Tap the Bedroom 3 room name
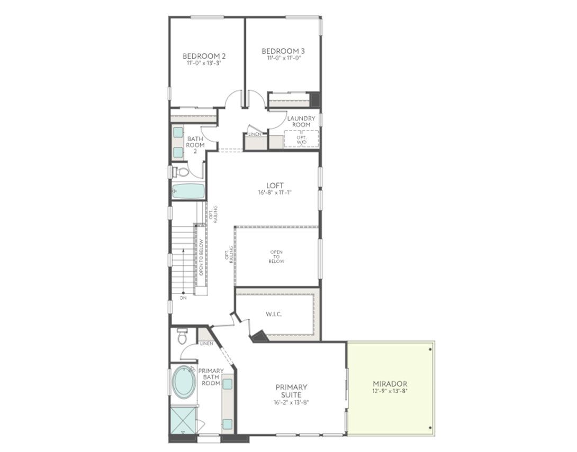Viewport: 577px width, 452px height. pos(283,51)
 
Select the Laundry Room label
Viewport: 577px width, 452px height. pos(301,122)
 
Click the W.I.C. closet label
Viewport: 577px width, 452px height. pos(273,315)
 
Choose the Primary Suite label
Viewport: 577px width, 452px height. pos(291,391)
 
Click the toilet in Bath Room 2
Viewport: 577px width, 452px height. pos(182,171)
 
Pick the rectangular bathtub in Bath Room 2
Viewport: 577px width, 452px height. pos(188,191)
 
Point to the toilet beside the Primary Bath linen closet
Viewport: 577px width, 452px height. pos(182,336)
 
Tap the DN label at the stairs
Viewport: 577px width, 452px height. pos(183,298)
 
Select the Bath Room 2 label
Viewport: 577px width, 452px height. pos(195,145)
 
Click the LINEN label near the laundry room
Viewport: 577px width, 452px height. pos(254,134)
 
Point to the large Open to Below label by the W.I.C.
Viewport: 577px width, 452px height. pos(276,256)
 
